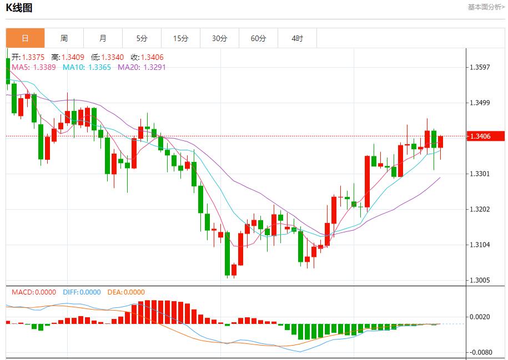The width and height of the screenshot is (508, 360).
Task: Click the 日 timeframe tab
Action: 25,38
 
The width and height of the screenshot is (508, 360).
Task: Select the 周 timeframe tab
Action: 64,38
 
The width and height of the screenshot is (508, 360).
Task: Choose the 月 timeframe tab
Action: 103,38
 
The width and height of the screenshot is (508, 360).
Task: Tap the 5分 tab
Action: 142,38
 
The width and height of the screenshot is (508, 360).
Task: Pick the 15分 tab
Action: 180,38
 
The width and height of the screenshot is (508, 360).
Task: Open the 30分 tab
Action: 219,38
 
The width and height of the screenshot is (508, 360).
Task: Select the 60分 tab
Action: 258,38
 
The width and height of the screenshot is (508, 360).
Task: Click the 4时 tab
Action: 297,38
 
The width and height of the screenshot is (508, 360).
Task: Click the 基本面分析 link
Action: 486,7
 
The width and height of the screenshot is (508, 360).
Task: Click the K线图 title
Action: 19,8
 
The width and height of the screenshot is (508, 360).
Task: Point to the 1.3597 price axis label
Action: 480,67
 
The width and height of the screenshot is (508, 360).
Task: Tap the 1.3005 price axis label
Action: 480,280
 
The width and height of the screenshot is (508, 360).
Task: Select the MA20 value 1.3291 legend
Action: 142,67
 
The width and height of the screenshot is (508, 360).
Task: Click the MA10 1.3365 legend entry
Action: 87,67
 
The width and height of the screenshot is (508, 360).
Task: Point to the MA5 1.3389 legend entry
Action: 33,67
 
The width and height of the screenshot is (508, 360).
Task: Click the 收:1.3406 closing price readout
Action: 147,57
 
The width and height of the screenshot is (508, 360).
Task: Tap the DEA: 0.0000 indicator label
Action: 126,292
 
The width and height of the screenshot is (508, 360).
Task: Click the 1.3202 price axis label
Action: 480,209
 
